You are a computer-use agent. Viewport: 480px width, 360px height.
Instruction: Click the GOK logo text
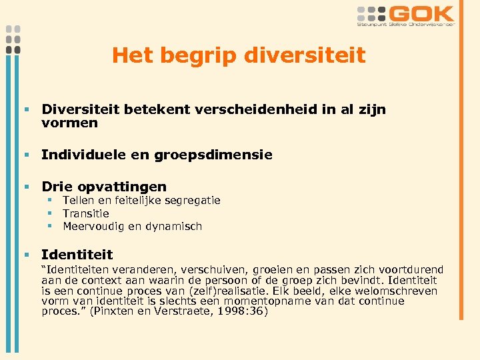(x=421, y=13)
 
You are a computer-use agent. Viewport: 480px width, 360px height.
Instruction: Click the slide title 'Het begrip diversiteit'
(x=239, y=55)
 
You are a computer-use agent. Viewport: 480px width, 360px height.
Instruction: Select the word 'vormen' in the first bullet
(x=69, y=123)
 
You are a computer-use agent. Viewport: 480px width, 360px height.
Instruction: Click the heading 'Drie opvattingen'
(x=104, y=187)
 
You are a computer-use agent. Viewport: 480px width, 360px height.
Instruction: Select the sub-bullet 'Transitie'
(x=85, y=213)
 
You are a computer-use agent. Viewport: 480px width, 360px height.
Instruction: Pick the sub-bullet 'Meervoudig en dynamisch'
(x=132, y=226)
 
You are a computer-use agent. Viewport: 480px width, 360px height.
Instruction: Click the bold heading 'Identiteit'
(x=77, y=254)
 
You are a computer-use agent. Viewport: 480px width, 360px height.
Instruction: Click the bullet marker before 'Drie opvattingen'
(x=27, y=187)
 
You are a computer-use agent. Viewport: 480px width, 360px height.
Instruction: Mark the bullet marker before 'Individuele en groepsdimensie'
(x=27, y=155)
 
